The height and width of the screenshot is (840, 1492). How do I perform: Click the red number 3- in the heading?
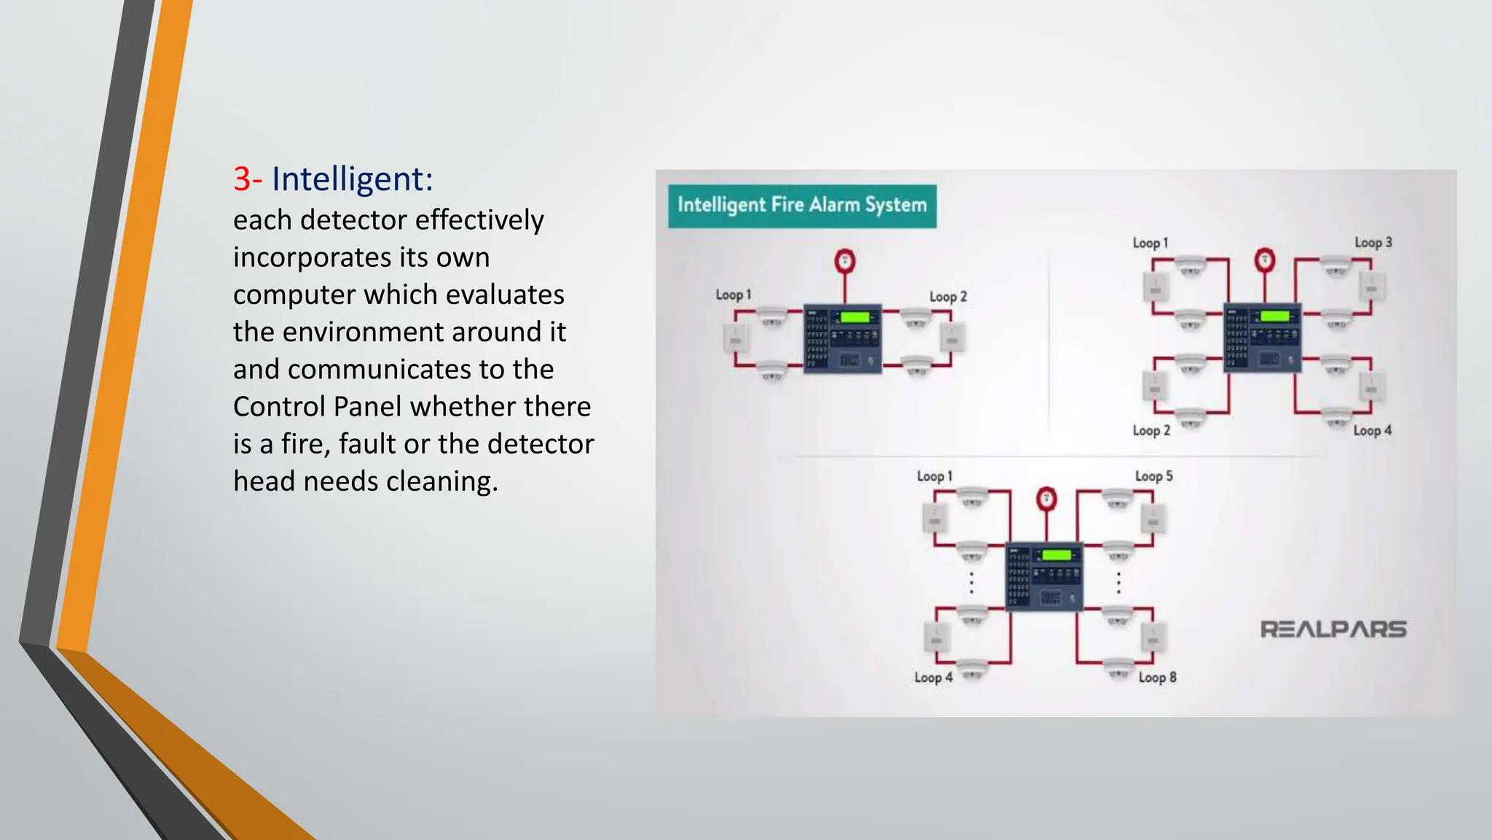[248, 179]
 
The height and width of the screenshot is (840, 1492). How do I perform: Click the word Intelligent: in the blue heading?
[353, 179]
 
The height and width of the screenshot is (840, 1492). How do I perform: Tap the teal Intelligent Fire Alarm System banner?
[802, 206]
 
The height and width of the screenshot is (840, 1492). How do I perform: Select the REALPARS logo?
[1333, 629]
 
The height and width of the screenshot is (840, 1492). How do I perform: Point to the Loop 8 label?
[1157, 677]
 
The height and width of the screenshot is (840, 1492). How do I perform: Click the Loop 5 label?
[1154, 476]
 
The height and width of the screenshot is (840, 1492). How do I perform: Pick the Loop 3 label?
[1373, 243]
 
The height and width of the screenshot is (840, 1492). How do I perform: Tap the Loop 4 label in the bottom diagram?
[933, 677]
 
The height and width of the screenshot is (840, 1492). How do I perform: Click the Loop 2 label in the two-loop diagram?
[948, 297]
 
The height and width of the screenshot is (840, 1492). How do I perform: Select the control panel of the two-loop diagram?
[843, 339]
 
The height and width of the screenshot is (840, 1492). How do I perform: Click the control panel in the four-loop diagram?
[1262, 337]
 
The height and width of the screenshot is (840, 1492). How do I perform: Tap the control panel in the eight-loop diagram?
[1044, 576]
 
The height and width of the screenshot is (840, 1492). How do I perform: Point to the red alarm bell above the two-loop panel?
[844, 261]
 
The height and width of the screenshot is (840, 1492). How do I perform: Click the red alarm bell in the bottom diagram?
[1046, 499]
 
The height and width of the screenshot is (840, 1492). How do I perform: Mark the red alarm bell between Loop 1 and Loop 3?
[1265, 260]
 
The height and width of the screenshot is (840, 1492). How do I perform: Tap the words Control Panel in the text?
[317, 406]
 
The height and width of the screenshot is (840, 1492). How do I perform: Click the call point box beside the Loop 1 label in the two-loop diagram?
[735, 338]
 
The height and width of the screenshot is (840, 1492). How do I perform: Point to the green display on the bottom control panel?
[1056, 556]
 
